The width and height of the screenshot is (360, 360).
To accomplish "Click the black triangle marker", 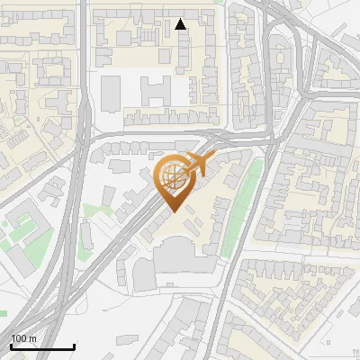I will point(181,24).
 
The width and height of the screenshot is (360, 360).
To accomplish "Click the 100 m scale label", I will point(23,338).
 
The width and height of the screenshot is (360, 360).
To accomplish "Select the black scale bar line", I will point(42,346).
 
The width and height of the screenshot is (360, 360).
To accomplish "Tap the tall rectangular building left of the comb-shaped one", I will point(111,93).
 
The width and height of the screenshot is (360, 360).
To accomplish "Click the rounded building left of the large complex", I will point(144,274).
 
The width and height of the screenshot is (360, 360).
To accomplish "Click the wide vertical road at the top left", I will point(82,54).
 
